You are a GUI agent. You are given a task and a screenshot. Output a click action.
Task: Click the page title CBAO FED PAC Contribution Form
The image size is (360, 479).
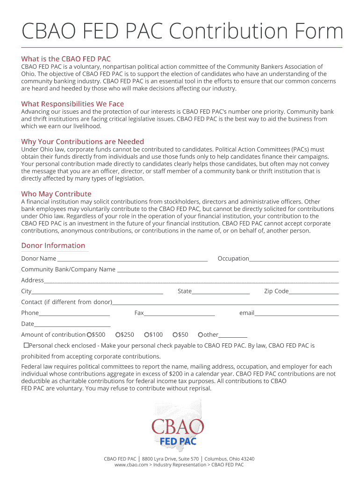click(x=182, y=32)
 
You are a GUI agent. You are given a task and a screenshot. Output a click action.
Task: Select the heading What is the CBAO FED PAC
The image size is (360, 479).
click(x=66, y=59)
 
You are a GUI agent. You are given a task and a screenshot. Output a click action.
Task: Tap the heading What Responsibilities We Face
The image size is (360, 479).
click(x=72, y=104)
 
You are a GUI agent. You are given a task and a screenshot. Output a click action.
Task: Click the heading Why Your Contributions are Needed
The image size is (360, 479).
click(x=82, y=141)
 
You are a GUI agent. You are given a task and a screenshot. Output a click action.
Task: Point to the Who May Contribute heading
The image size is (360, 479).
click(x=56, y=194)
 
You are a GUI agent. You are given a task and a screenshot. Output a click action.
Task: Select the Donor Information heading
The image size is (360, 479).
click(x=53, y=246)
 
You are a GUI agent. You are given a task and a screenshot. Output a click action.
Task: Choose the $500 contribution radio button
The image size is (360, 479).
click(x=89, y=335)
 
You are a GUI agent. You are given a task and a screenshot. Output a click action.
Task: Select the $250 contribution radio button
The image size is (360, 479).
click(x=118, y=335)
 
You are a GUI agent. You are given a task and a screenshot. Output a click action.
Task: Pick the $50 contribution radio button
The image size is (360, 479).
click(x=175, y=335)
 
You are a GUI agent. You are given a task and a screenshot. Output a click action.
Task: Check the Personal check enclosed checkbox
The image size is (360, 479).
click(x=26, y=346)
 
